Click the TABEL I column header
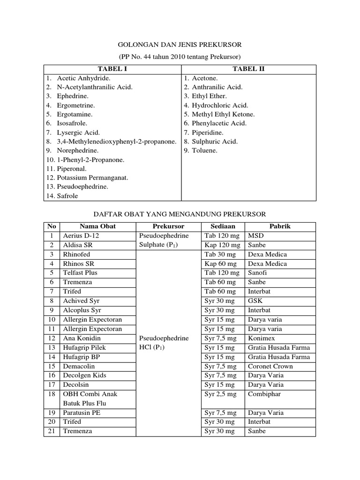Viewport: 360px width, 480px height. pos(112,69)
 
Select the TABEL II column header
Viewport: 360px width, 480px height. pos(248,69)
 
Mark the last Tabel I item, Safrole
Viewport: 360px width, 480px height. pos(67,196)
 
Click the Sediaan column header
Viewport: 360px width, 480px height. pos(223,226)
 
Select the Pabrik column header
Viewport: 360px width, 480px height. pos(280,226)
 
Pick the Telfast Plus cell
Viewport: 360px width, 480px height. pos(80,273)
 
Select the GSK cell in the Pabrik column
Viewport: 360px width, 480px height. pos(256,301)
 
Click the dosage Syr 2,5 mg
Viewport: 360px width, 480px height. pos(221,394)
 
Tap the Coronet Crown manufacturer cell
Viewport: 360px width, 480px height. pos(270,366)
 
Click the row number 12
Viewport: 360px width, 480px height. pos(52,338)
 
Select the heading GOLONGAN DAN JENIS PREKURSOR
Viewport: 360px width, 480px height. pos(180,45)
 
